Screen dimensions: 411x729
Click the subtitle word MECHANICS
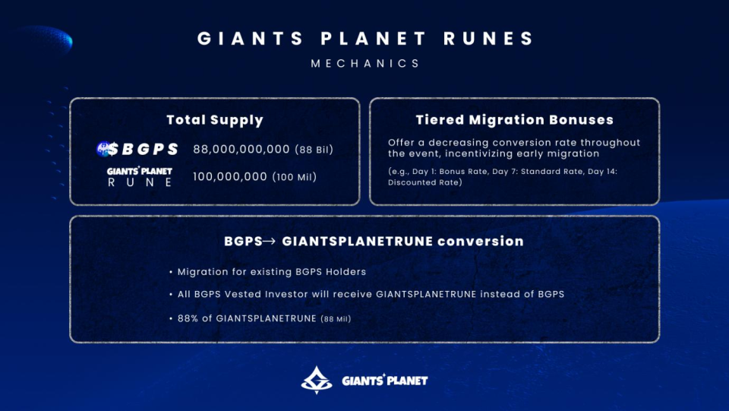pyautogui.click(x=365, y=64)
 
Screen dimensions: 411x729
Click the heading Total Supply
pyautogui.click(x=215, y=120)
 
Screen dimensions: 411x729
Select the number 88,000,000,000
pyautogui.click(x=241, y=150)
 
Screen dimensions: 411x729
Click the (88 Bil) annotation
pyautogui.click(x=314, y=150)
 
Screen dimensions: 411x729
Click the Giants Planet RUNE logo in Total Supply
pyautogui.click(x=140, y=177)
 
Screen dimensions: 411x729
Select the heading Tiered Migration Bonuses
pyautogui.click(x=514, y=120)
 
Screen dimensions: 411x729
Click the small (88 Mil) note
pyautogui.click(x=336, y=319)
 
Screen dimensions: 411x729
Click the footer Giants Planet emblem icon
pyautogui.click(x=316, y=379)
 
